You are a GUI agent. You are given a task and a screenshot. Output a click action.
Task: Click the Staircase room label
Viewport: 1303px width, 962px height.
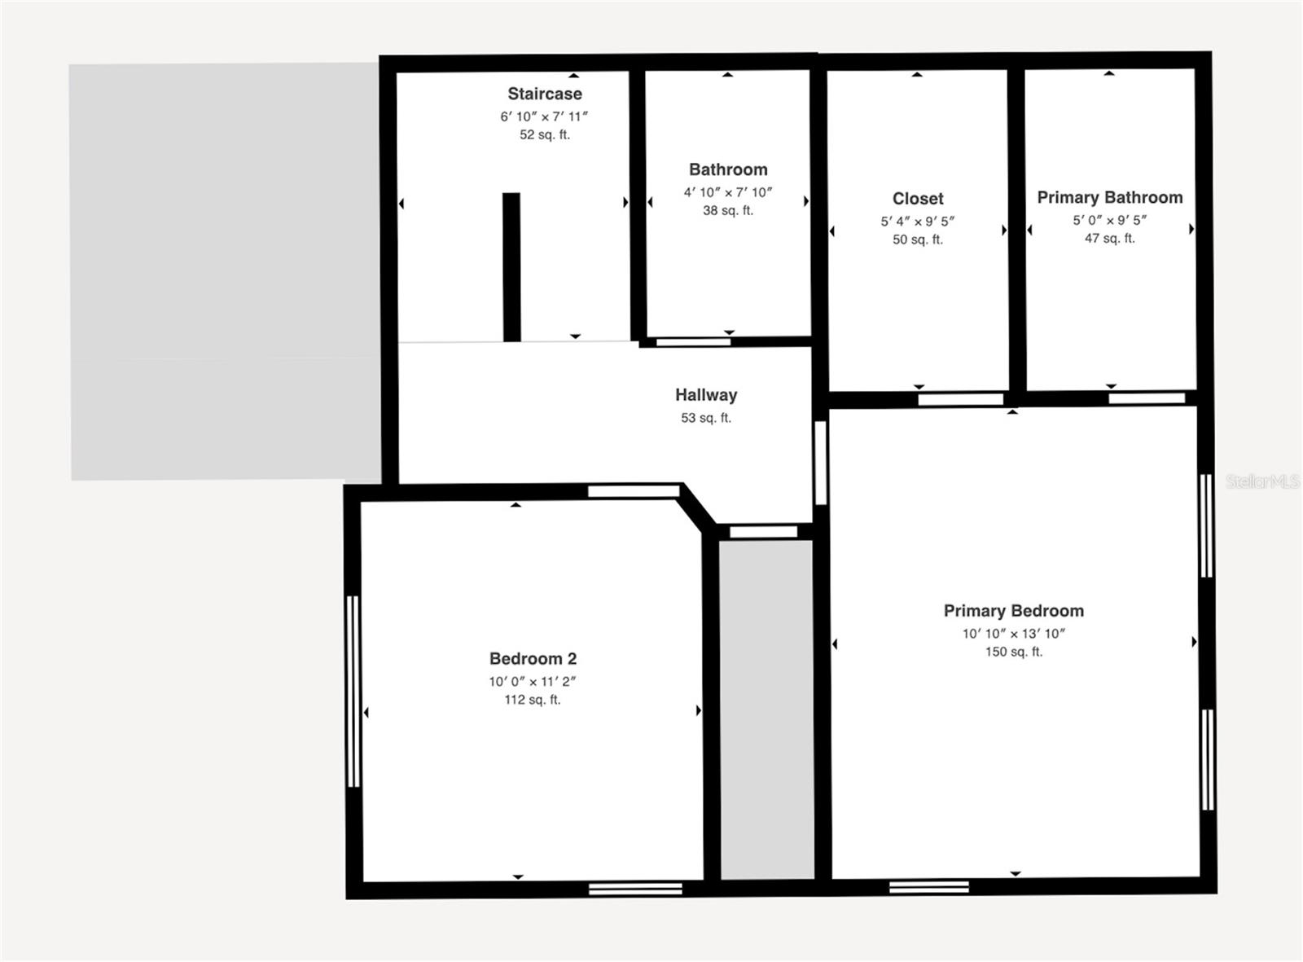tap(545, 94)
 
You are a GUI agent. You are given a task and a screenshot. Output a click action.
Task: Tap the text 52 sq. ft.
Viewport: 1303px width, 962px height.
tap(545, 134)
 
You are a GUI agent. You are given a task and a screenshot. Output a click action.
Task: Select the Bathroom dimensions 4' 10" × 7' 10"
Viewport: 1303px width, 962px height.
tap(727, 192)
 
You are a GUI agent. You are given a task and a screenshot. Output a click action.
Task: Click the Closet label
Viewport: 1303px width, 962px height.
tap(918, 199)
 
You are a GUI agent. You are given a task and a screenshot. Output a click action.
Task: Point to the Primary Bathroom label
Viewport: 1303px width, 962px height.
tap(1109, 197)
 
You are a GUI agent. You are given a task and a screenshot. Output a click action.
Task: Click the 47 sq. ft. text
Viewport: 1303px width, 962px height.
tap(1109, 238)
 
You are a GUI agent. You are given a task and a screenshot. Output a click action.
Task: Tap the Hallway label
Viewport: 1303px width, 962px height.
tap(706, 395)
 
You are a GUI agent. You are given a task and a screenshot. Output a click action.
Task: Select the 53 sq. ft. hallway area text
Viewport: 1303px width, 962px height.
tap(706, 418)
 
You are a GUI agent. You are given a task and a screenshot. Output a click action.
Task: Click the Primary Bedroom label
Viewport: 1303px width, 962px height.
tap(1013, 611)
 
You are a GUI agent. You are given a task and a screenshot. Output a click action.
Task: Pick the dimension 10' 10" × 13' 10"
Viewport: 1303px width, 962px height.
tap(1013, 633)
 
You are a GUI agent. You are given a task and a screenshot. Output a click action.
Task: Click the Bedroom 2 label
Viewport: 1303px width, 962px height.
tap(533, 659)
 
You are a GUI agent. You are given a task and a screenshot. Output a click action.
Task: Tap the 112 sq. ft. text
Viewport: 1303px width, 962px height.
tap(533, 700)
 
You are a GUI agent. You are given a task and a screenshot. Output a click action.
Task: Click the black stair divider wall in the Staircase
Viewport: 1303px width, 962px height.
tap(511, 266)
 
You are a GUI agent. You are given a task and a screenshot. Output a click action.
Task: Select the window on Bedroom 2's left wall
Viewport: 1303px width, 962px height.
tap(353, 691)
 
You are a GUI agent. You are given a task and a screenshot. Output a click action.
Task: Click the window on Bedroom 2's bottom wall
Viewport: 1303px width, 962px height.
tap(635, 888)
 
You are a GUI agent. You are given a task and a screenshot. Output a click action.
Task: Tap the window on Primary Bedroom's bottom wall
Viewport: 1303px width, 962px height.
tap(929, 886)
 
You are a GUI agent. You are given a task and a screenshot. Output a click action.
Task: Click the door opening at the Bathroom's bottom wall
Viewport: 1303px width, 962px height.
tap(693, 342)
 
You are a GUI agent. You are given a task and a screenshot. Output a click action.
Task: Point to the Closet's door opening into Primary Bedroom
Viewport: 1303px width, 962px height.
tap(961, 399)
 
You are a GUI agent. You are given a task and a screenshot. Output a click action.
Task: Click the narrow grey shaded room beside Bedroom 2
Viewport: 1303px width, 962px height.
tap(767, 709)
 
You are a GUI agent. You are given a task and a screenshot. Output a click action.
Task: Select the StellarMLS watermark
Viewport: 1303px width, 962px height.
tap(1261, 481)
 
